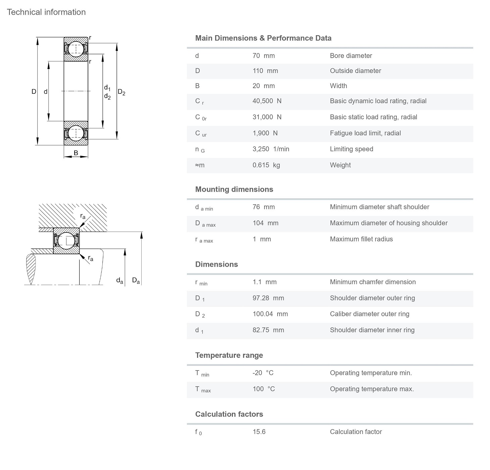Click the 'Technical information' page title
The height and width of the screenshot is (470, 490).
coord(46,12)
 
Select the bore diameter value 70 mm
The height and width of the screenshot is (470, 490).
coord(264,56)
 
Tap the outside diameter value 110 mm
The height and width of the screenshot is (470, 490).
coord(265,71)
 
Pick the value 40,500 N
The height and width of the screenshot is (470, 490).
coord(267,101)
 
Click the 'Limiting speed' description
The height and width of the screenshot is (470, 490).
coord(351,149)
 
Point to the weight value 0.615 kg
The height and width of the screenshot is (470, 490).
coord(266,165)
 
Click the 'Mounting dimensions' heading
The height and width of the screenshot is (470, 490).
coord(234,189)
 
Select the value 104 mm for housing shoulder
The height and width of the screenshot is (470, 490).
coord(265,223)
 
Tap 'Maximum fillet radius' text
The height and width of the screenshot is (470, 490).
coord(361,239)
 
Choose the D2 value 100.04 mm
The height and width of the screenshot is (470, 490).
coord(270,314)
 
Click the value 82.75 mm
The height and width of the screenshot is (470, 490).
coord(268,330)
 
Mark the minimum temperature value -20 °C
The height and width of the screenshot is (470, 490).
coord(263,373)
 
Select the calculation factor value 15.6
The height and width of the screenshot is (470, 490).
coord(259,432)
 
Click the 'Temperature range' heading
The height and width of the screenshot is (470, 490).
coord(229,355)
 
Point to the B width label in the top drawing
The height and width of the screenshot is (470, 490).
coord(76,152)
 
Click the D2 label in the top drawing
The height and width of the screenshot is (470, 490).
coord(121,92)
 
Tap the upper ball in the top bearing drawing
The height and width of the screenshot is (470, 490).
coord(76,49)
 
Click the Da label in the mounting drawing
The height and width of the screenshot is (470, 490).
coord(136,280)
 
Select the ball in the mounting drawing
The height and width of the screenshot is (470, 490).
coord(66,241)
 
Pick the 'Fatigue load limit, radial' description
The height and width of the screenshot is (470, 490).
coord(365,133)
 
